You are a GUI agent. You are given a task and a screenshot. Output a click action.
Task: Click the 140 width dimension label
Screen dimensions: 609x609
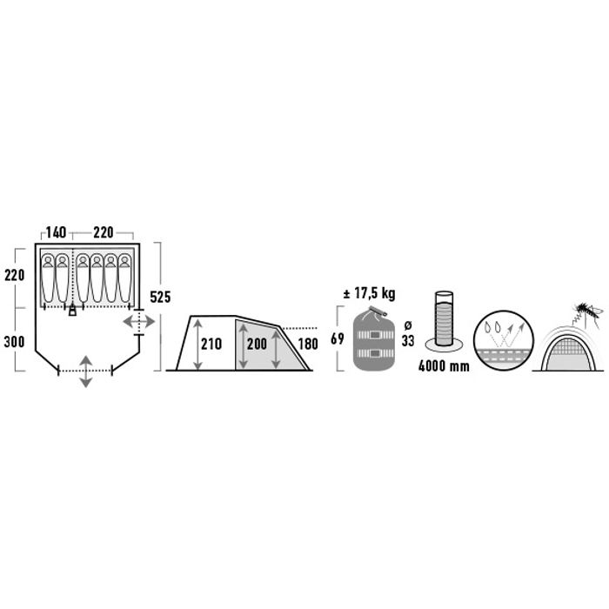(x=56, y=232)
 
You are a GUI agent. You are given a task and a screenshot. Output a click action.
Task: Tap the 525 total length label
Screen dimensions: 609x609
(x=160, y=298)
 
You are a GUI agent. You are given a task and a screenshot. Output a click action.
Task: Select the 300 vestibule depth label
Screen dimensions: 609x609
(x=15, y=342)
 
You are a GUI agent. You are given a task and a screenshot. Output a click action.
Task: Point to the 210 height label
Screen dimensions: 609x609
(x=211, y=344)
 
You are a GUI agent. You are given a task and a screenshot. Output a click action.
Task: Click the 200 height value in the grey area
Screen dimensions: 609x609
(x=257, y=344)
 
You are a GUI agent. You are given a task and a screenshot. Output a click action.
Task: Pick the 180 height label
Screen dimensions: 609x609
(x=308, y=344)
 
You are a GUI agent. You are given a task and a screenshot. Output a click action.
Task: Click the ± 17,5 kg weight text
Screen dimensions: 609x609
(x=370, y=294)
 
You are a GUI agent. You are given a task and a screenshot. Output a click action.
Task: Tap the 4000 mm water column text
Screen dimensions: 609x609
(x=444, y=366)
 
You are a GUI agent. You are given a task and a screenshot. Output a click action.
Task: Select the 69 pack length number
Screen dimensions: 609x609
(x=338, y=338)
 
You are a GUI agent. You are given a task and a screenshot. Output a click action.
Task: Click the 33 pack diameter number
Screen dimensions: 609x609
(x=408, y=341)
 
